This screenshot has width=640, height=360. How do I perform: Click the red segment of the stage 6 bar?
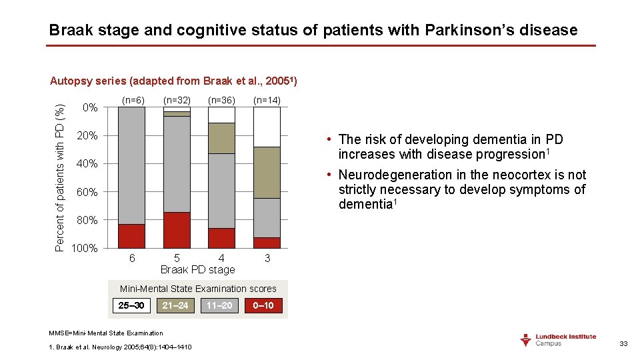click(131, 236)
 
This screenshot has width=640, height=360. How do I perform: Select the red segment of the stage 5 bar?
click(177, 230)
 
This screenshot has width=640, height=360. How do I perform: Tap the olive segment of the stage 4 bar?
click(221, 138)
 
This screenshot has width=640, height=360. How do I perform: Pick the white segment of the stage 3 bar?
click(267, 127)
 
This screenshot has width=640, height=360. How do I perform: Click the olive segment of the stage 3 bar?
click(267, 173)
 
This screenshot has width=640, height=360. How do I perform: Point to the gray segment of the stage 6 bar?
click(131, 165)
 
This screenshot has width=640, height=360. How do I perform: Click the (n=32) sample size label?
click(177, 100)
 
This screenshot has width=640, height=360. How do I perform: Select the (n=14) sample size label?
click(267, 100)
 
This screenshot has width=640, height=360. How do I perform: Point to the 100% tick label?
click(85, 249)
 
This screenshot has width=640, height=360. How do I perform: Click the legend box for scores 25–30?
click(131, 305)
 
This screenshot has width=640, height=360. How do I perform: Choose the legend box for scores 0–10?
click(264, 305)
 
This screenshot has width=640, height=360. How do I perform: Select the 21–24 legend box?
click(175, 305)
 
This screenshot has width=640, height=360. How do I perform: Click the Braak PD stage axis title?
click(198, 269)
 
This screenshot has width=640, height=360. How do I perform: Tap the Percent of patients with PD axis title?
click(60, 177)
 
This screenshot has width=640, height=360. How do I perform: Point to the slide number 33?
click(623, 343)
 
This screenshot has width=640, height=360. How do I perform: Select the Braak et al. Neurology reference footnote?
click(121, 347)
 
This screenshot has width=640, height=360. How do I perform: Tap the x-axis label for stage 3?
click(267, 258)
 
